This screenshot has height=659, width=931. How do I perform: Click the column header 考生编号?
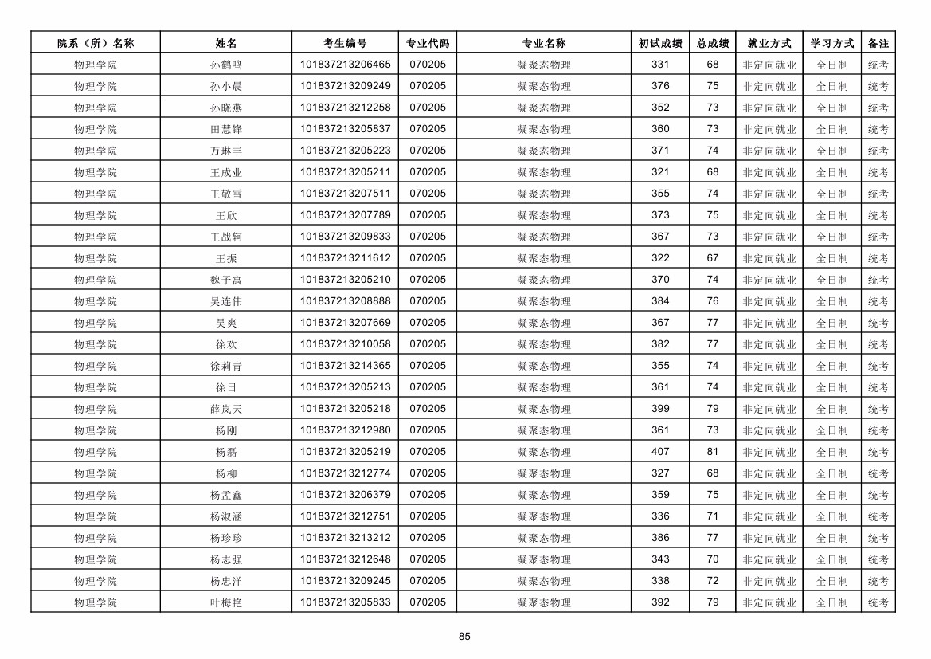(345, 43)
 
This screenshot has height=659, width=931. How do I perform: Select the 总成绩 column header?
(712, 43)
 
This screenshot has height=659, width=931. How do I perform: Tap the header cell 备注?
(878, 43)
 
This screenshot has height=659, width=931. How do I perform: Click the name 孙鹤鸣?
(226, 65)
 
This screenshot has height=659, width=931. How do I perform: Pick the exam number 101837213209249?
(345, 86)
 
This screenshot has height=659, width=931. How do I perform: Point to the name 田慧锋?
(226, 129)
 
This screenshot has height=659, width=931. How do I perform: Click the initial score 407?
(660, 452)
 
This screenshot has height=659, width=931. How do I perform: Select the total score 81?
(712, 452)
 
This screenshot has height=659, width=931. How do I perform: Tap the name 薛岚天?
(226, 409)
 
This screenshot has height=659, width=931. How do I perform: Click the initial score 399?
(660, 409)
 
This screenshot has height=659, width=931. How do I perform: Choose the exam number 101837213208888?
(345, 301)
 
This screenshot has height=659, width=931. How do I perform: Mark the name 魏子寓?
(226, 280)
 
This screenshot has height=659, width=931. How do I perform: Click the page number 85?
(465, 636)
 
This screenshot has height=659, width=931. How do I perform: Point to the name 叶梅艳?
(226, 602)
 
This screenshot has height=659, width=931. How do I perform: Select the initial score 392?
(660, 602)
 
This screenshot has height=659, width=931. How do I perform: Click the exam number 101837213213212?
(345, 538)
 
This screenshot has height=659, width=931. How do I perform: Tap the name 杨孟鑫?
(226, 495)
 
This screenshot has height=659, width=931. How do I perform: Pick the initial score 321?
(660, 172)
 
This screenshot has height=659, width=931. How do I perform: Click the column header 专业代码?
(428, 43)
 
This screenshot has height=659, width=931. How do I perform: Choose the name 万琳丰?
(226, 151)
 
